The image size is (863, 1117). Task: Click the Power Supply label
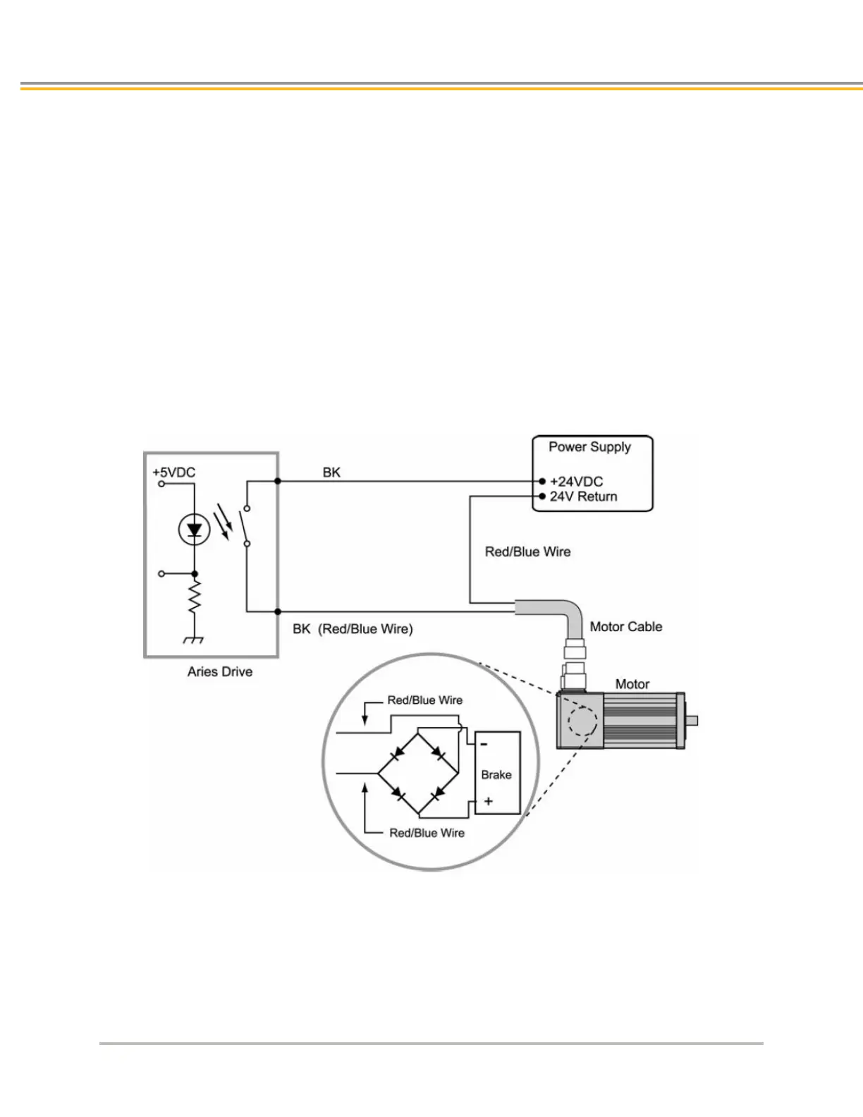click(x=589, y=447)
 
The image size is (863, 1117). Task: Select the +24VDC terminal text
click(x=576, y=482)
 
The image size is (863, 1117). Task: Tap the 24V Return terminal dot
click(x=542, y=496)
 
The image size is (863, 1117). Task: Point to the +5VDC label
click(x=173, y=472)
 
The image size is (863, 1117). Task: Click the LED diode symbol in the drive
click(x=195, y=530)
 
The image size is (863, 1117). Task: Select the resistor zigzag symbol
click(x=195, y=596)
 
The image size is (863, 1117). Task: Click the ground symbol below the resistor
click(x=194, y=640)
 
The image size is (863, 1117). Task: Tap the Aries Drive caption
click(x=220, y=672)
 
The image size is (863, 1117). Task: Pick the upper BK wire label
click(x=331, y=472)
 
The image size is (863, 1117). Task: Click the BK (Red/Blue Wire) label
click(x=353, y=629)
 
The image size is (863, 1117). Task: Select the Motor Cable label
click(x=626, y=627)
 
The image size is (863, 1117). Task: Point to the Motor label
click(x=632, y=684)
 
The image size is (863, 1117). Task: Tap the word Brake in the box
click(x=496, y=775)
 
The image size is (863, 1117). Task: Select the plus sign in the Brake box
click(x=488, y=801)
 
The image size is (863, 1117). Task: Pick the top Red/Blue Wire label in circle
click(x=424, y=700)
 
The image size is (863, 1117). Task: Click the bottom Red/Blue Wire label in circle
click(x=427, y=833)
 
